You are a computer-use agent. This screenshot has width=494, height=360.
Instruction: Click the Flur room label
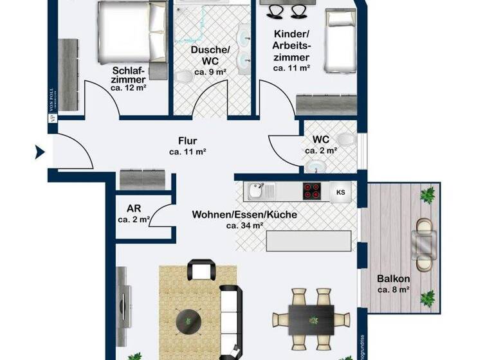(x=188, y=141)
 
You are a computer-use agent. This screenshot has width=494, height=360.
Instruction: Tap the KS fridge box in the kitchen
(x=341, y=191)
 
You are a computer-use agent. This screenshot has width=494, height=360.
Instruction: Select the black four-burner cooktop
(x=313, y=191)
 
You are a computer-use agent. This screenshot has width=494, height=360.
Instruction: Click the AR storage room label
(x=134, y=209)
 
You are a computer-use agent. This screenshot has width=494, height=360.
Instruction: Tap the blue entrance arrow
(x=39, y=153)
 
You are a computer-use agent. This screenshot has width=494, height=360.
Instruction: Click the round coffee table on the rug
(x=188, y=319)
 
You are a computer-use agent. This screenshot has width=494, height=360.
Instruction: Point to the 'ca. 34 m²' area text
(x=244, y=226)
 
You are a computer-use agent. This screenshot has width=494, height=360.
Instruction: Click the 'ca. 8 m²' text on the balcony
(x=392, y=290)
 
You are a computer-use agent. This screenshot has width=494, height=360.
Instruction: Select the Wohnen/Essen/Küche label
(x=244, y=215)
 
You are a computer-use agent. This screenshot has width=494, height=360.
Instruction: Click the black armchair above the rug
(x=201, y=270)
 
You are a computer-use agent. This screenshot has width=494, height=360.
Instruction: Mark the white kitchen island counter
(x=309, y=241)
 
